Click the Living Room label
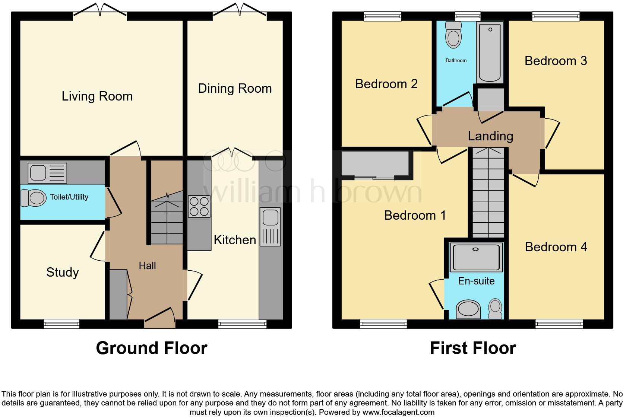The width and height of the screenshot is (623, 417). click(x=97, y=96)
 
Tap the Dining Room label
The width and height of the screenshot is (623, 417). click(x=235, y=89)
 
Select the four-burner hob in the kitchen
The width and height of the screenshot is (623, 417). click(x=199, y=207)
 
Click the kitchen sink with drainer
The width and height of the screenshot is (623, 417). click(x=270, y=227)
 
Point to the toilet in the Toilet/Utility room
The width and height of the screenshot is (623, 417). click(x=33, y=198)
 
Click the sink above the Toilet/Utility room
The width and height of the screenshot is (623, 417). click(x=47, y=173)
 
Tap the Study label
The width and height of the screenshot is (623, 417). click(x=62, y=272)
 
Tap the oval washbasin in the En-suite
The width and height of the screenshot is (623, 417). click(x=468, y=309)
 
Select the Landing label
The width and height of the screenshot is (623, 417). click(x=490, y=136)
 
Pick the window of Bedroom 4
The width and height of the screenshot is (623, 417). click(x=559, y=324)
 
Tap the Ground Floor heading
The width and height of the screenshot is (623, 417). click(x=151, y=348)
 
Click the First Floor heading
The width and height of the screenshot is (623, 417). click(x=472, y=348)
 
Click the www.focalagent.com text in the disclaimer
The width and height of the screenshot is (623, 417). click(x=398, y=412)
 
